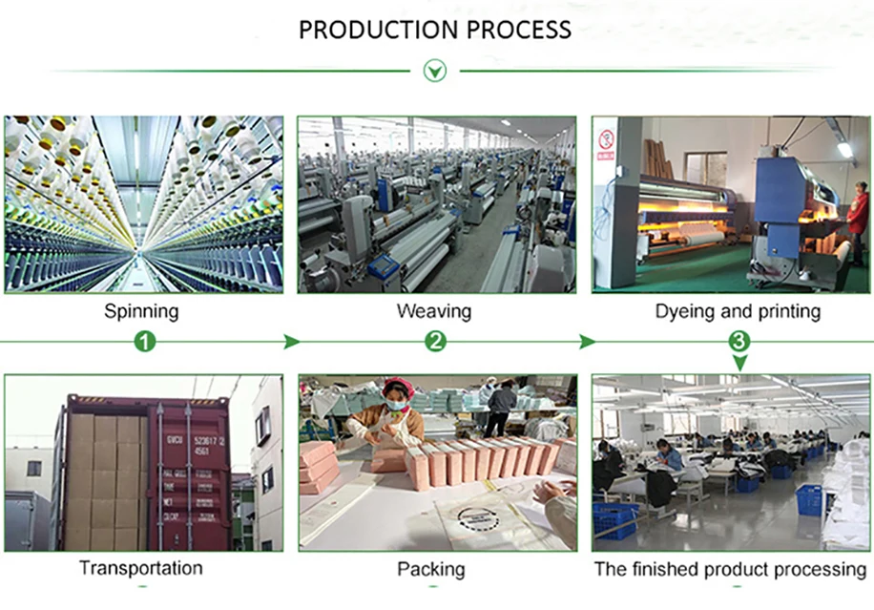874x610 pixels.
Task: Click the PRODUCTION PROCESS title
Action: [435, 30]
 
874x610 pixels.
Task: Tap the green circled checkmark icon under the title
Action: [435, 70]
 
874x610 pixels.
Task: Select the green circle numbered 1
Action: [144, 341]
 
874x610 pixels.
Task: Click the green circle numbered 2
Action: [435, 341]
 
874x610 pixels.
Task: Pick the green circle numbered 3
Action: [739, 341]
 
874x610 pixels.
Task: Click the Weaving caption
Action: [434, 311]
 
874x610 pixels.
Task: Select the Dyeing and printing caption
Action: [738, 311]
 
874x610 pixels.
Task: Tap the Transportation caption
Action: [140, 568]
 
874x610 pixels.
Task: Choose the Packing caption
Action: [431, 569]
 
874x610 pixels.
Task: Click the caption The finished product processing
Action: [730, 569]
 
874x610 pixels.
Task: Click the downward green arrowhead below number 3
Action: [739, 363]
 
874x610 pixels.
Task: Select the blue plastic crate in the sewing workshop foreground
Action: [614, 520]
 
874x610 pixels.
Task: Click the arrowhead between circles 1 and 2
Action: [293, 342]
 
